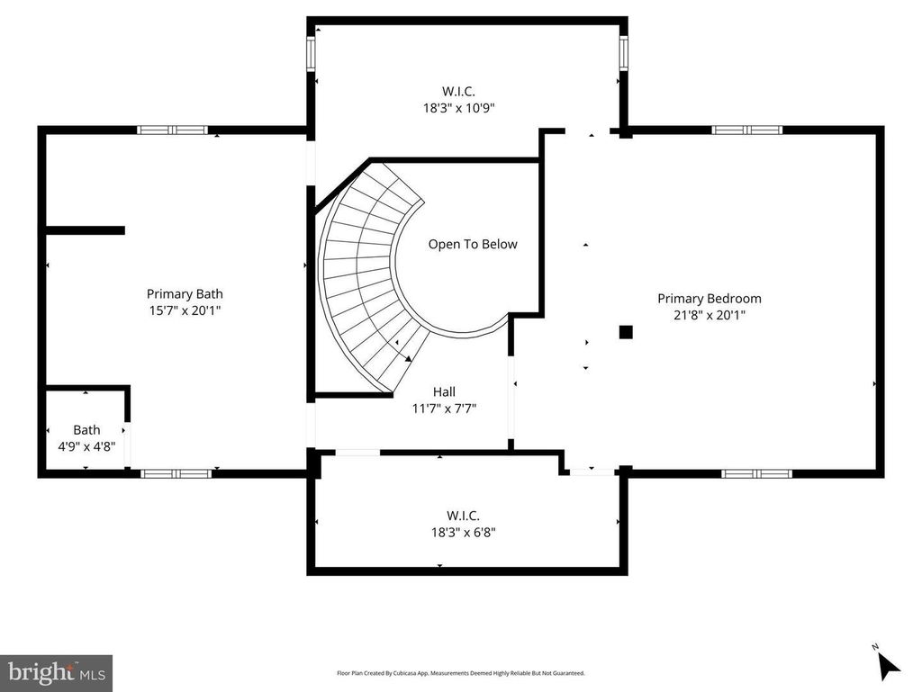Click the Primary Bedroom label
[710, 299]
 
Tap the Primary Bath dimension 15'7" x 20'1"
[185, 310]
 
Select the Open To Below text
[473, 245]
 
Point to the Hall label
[444, 391]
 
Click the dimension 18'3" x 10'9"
[458, 108]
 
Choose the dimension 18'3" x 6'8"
[464, 532]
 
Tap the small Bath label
[86, 430]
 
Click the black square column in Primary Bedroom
[626, 332]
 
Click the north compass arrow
[887, 666]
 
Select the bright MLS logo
[57, 672]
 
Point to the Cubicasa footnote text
[460, 673]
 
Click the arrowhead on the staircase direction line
[408, 358]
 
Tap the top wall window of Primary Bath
[172, 130]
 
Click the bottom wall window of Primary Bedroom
[756, 473]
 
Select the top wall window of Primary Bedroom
[746, 130]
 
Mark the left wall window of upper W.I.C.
[311, 53]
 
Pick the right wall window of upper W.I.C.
[623, 53]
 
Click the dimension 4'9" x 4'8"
[86, 446]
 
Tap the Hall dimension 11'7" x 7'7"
[444, 409]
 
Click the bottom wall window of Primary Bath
[176, 473]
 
